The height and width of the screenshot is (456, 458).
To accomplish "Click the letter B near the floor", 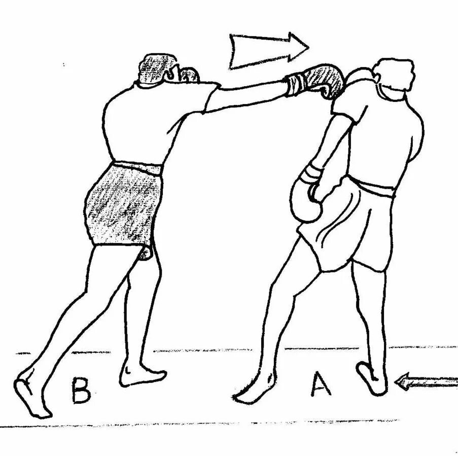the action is tap(81, 390).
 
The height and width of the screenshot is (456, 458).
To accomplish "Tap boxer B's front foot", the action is tap(142, 375).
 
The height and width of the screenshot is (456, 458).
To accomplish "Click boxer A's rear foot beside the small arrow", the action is tap(373, 378).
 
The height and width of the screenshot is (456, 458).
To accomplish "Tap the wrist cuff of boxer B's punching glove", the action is tap(295, 84).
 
